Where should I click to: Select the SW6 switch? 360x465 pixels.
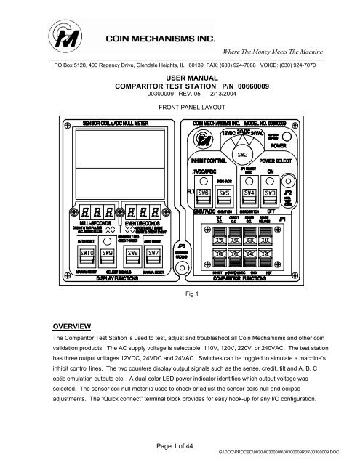click(x=204, y=193)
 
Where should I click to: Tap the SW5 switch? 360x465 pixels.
click(x=225, y=193)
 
